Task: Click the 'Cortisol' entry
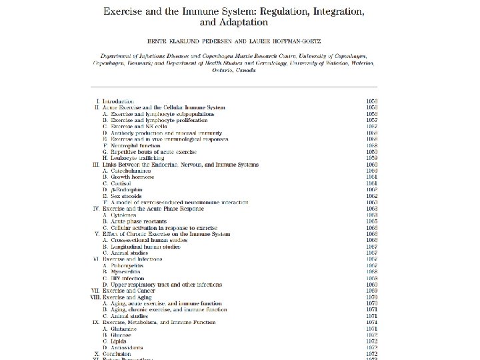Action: (121, 183)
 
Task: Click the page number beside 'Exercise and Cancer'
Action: (372, 291)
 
